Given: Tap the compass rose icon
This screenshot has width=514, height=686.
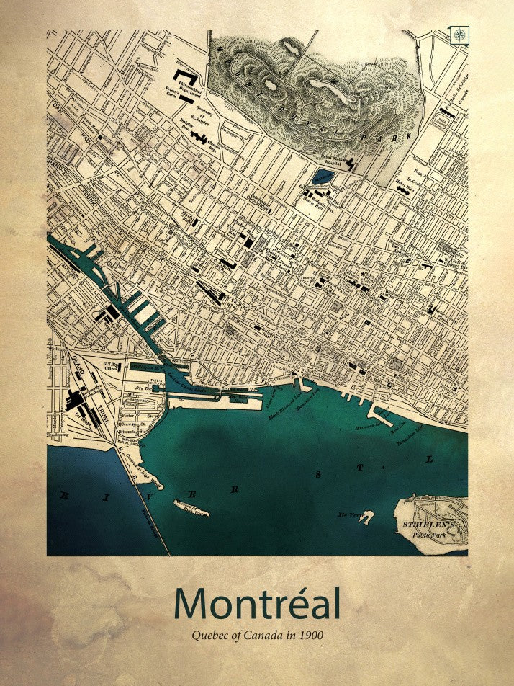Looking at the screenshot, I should click(x=459, y=32).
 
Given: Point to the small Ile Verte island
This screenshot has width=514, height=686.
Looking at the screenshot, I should click(x=367, y=517).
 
